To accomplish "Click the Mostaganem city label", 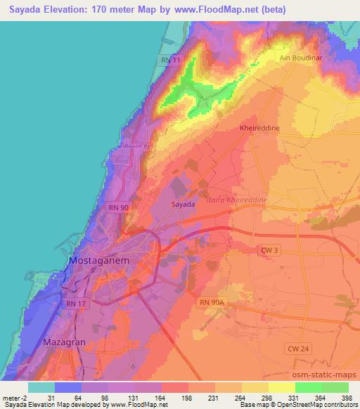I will coord(98,260).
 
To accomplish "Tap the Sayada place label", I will coord(183,204).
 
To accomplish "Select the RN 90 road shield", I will coord(117,208).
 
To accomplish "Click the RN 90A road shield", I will coord(210,301).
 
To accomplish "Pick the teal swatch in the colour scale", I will coord(41,387).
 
